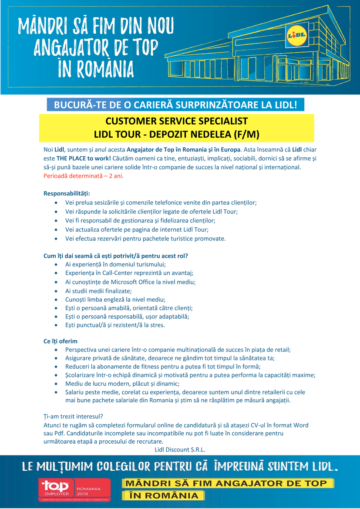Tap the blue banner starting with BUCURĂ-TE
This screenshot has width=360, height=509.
[175, 105]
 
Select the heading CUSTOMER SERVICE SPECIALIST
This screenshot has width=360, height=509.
[176, 121]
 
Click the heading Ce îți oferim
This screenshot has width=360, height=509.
[60, 341]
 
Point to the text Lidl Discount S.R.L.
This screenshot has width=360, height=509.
[180, 449]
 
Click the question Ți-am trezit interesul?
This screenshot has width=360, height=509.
[73, 416]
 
